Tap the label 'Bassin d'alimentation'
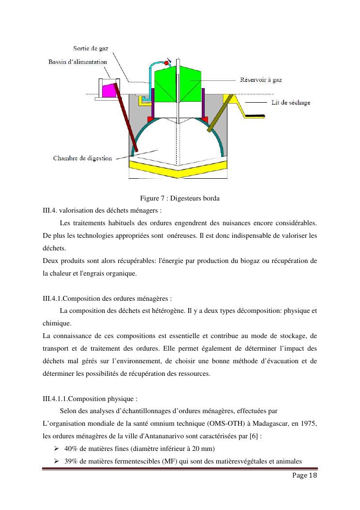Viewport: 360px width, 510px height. click(78, 62)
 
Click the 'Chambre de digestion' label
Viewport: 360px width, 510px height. click(82, 158)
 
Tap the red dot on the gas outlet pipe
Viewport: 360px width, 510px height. click(166, 63)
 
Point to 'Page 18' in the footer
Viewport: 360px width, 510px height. click(305, 476)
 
